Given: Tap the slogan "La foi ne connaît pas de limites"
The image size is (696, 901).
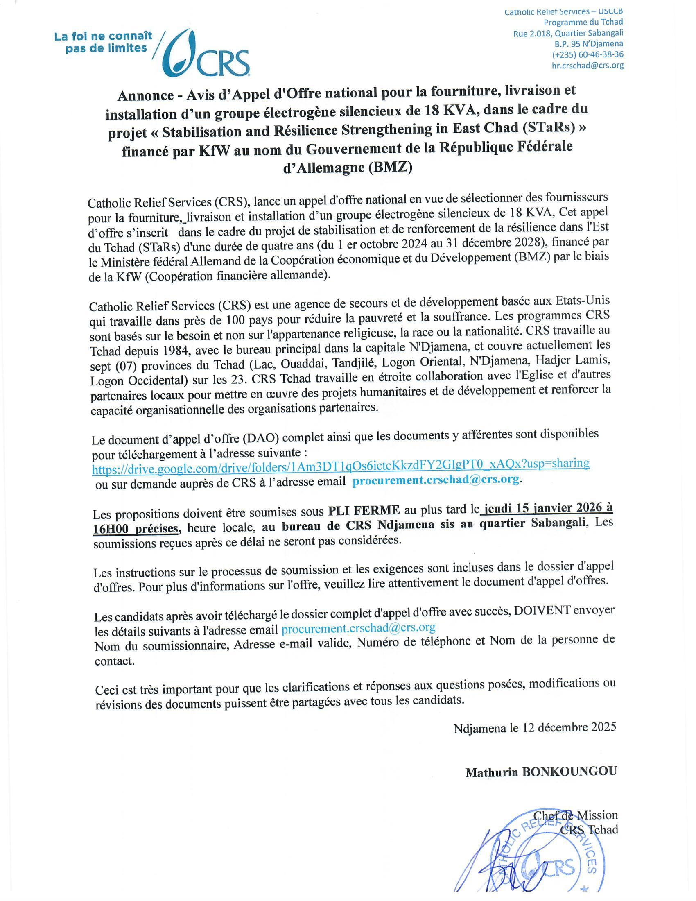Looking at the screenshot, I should click(103, 42).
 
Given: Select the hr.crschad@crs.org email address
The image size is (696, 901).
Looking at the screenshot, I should click(588, 65).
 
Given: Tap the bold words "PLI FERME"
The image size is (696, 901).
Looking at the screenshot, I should click(364, 510).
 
